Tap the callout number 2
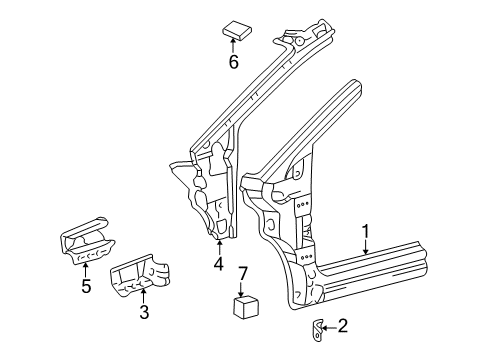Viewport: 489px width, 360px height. (342, 326)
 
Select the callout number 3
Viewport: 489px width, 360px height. (144, 312)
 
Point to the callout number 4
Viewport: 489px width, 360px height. (219, 264)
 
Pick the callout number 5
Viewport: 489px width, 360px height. (86, 286)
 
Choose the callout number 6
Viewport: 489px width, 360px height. (233, 62)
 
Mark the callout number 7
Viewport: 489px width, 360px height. (242, 274)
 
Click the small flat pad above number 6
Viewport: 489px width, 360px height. (237, 30)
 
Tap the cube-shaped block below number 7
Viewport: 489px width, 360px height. (246, 306)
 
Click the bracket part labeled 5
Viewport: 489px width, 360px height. (87, 240)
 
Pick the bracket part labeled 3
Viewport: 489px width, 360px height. (139, 275)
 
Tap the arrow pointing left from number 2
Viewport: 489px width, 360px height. (329, 328)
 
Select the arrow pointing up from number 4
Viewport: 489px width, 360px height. (219, 248)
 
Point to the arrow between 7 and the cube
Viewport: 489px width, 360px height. (242, 289)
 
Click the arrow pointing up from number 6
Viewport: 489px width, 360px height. (232, 46)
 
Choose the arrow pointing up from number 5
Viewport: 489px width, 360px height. (85, 271)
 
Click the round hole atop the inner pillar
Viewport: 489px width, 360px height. (299, 41)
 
